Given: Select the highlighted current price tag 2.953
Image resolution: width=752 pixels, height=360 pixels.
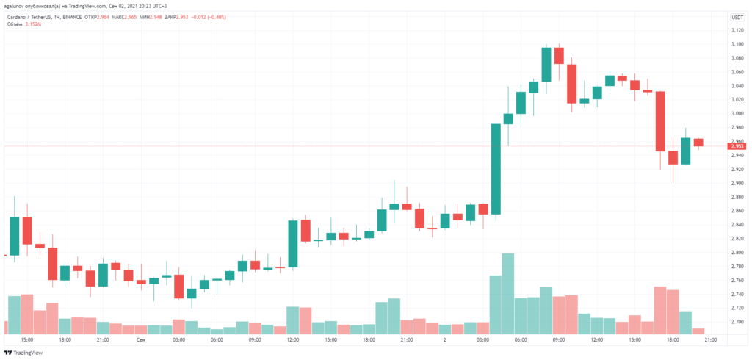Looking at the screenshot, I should click(737, 146).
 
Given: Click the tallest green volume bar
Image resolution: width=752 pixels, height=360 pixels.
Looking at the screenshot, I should click(507, 294).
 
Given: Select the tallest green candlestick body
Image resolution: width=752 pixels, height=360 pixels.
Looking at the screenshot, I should click(496, 169).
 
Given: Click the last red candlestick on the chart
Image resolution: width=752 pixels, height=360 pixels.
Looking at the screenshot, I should click(698, 142).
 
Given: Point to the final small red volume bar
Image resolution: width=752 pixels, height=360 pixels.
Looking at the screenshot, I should click(698, 331).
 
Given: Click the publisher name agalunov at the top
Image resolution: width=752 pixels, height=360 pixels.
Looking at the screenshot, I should click(17, 6).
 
